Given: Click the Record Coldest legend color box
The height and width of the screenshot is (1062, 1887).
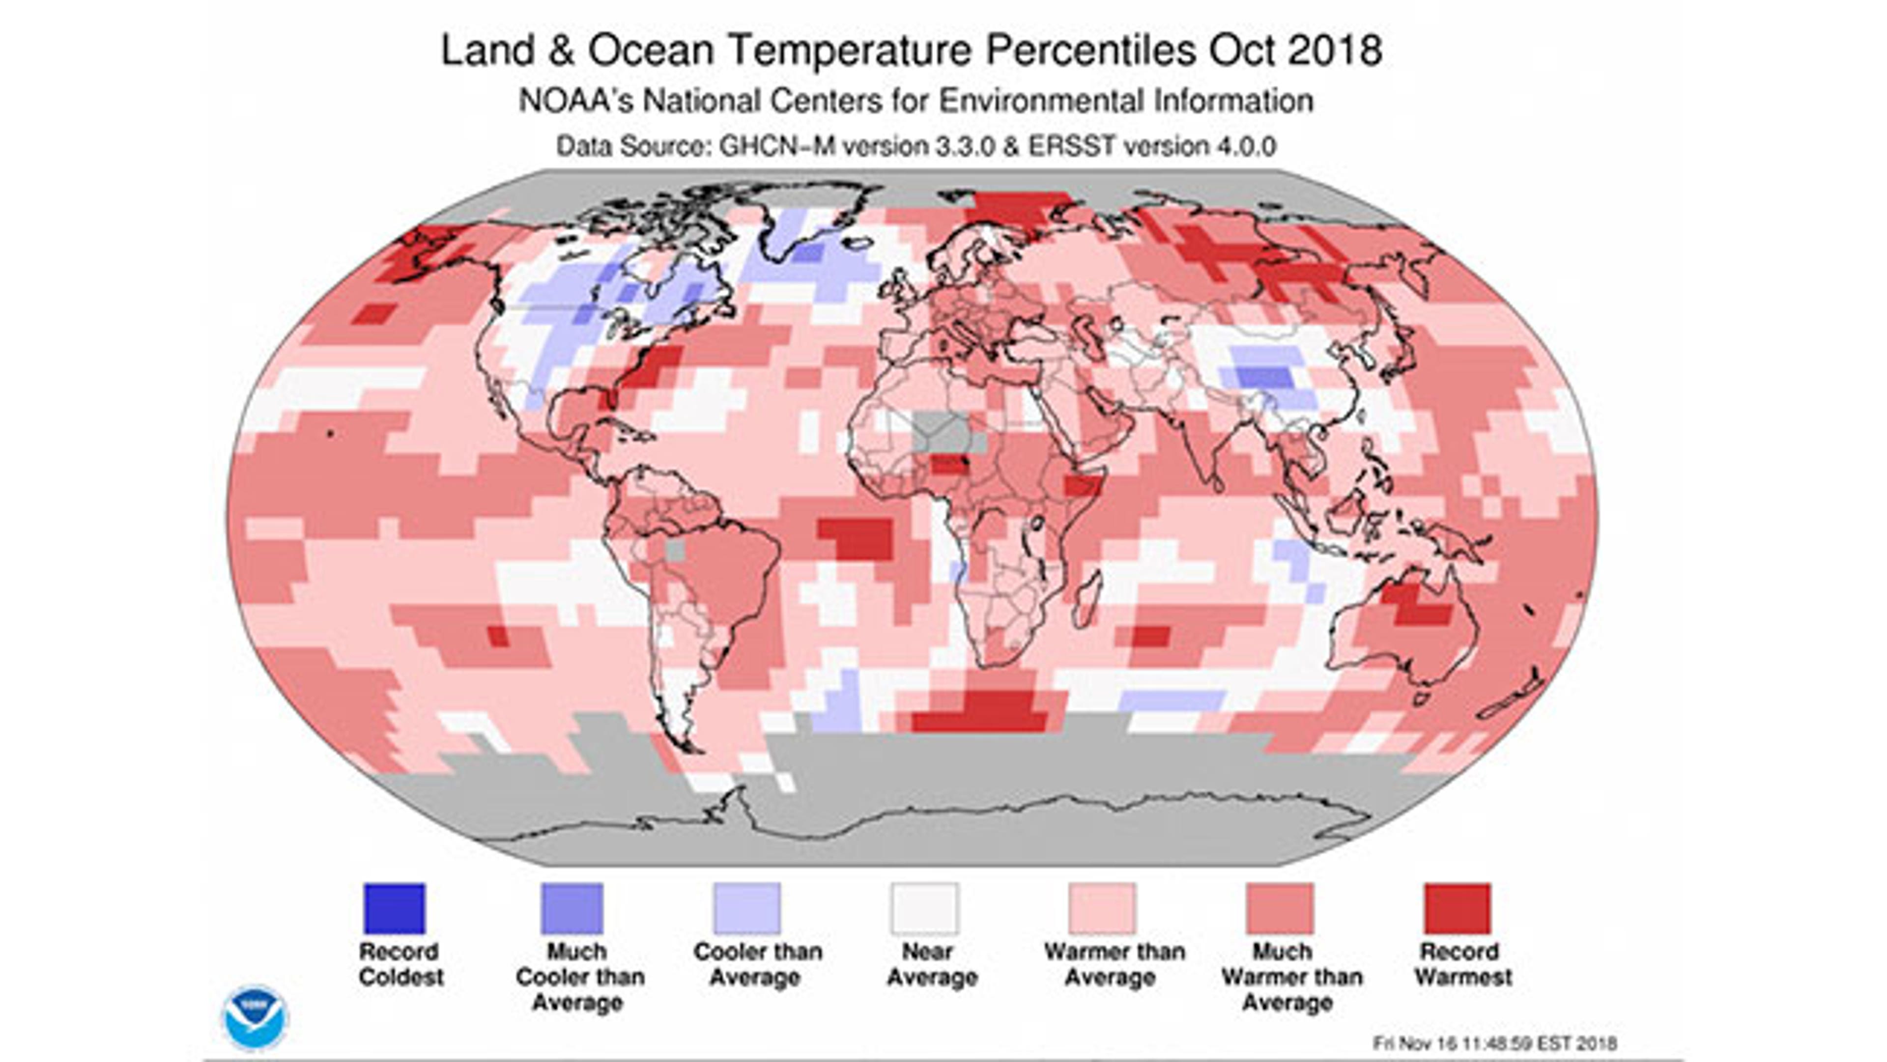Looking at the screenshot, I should [x=394, y=908].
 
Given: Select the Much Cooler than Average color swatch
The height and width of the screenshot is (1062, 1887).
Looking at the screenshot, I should [x=572, y=908].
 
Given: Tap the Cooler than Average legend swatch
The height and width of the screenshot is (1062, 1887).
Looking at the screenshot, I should [x=747, y=908].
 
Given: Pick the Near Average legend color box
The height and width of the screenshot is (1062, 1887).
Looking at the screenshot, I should [x=924, y=908].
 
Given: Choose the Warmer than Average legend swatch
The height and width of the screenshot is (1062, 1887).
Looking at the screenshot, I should [x=1102, y=908].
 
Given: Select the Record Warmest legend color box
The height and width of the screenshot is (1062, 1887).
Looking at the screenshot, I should [x=1457, y=908].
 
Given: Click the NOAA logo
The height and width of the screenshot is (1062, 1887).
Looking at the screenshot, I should [x=255, y=1017].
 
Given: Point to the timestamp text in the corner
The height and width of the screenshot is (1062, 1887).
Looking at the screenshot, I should [x=1495, y=1043].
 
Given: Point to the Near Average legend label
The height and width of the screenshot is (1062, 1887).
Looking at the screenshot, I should [x=932, y=964].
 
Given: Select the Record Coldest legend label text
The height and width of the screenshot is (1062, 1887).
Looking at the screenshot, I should [x=400, y=964].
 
